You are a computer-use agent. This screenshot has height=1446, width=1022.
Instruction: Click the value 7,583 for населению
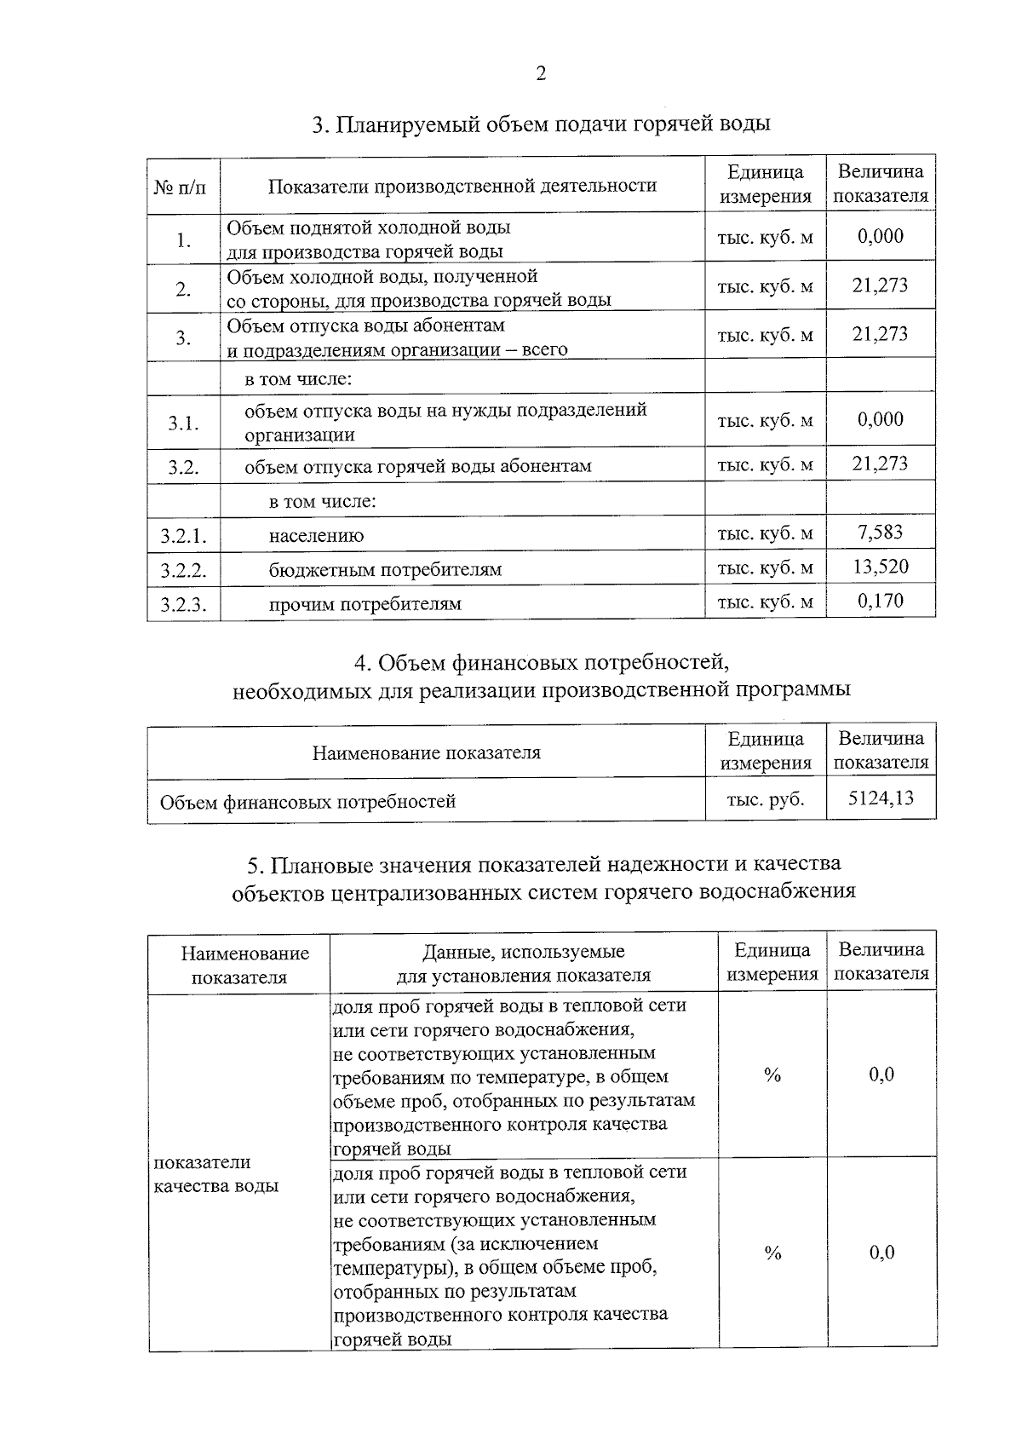[x=881, y=533]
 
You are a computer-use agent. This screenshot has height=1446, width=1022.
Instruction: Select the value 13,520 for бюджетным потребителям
[x=881, y=567]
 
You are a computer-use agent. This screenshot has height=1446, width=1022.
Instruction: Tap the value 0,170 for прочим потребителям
[x=881, y=601]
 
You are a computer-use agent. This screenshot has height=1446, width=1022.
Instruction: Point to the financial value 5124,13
[x=881, y=798]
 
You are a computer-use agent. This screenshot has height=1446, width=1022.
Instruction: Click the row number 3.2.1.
[x=183, y=536]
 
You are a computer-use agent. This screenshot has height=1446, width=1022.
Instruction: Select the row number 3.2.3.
[x=183, y=604]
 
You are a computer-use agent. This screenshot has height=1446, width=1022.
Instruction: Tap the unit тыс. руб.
[x=765, y=799]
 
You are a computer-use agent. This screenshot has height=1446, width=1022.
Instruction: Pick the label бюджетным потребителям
[x=385, y=569]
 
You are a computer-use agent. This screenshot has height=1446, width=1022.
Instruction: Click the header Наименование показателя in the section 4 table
[x=426, y=752]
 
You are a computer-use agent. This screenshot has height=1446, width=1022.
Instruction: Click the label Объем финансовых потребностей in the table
[x=307, y=802]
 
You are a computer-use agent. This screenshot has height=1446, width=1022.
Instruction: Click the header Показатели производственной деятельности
[x=462, y=185]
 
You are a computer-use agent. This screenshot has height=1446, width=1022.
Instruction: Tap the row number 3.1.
[x=183, y=423]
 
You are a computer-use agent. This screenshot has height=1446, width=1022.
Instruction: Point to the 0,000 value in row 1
[x=881, y=236]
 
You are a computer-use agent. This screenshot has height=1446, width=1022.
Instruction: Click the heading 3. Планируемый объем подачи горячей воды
[x=541, y=124]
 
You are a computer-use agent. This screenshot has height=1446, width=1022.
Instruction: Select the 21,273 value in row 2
[x=881, y=285]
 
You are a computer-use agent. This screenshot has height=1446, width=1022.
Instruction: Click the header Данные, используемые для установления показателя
[x=524, y=963]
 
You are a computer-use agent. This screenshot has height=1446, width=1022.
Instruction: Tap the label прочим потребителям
[x=365, y=604]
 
